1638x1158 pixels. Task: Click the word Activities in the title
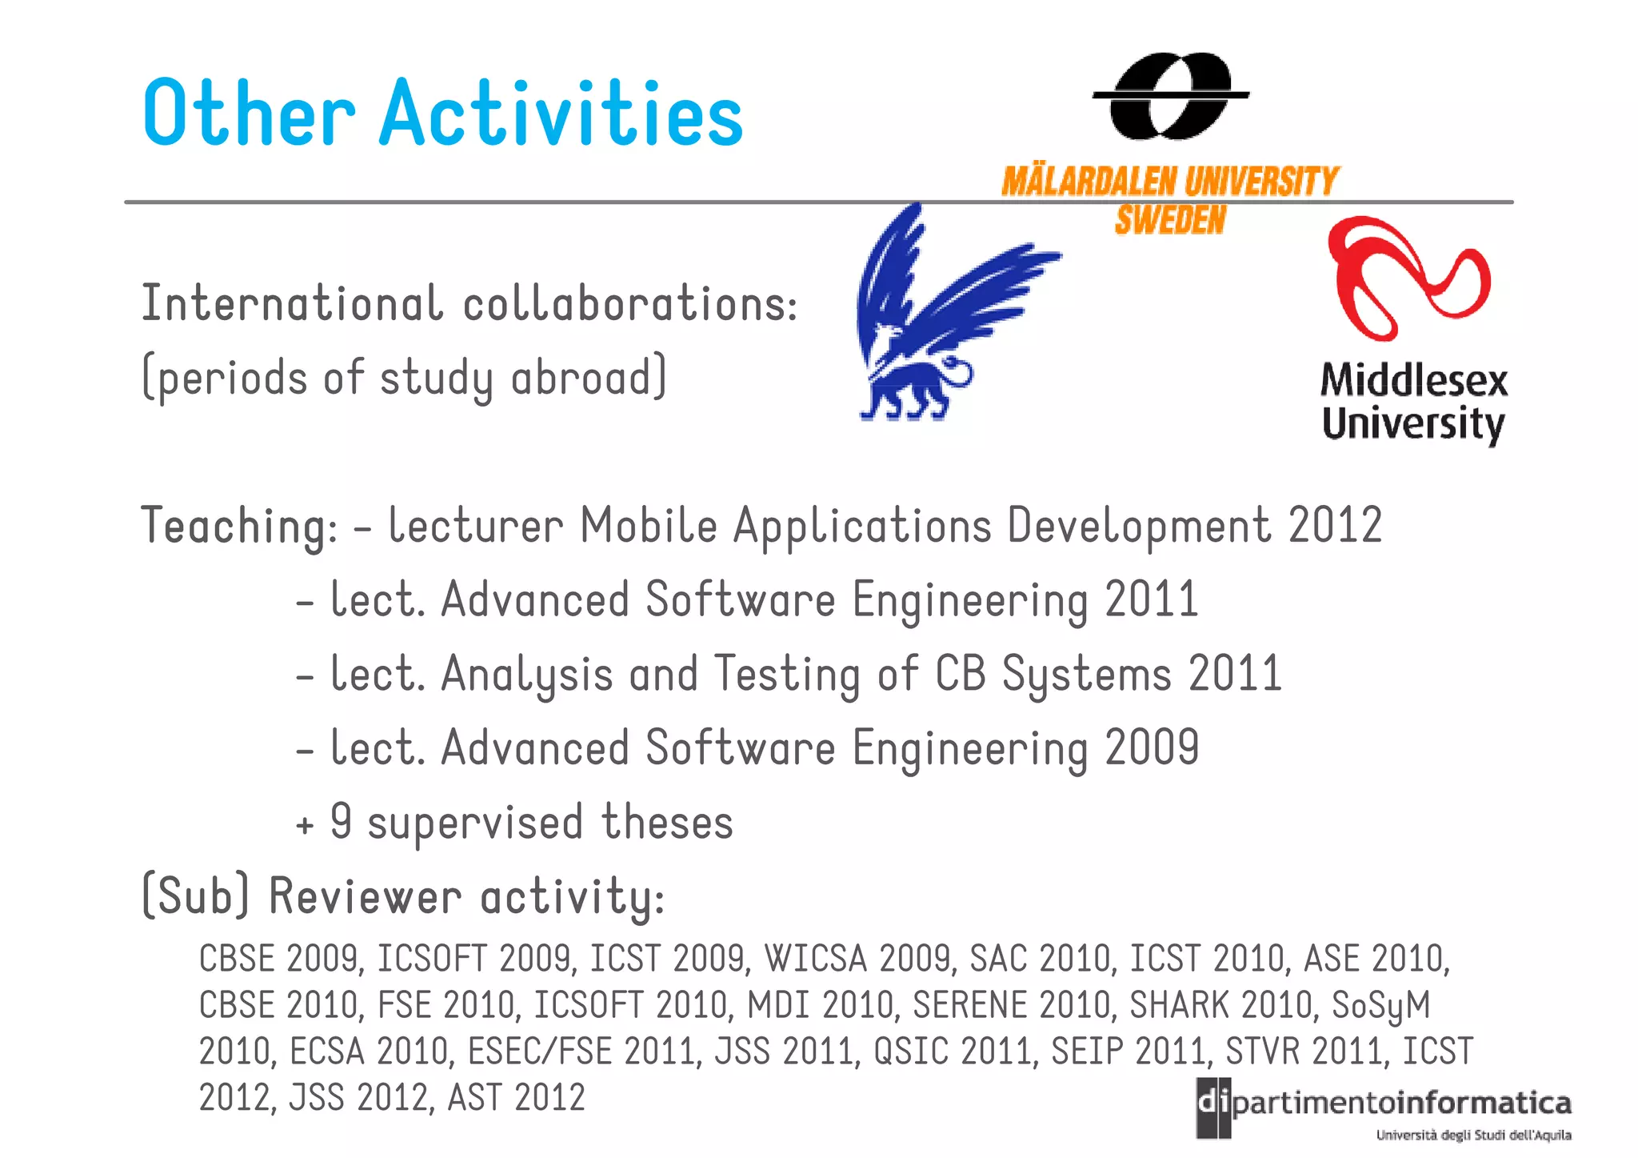pyautogui.click(x=561, y=114)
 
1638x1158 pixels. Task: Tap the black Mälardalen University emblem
pyautogui.click(x=1170, y=95)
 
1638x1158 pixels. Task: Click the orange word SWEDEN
pyautogui.click(x=1170, y=220)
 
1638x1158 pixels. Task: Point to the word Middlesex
pyautogui.click(x=1413, y=381)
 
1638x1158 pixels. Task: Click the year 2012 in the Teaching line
pyautogui.click(x=1335, y=526)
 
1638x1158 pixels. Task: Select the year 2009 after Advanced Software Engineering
pyautogui.click(x=1152, y=748)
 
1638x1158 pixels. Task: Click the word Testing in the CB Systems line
pyautogui.click(x=787, y=675)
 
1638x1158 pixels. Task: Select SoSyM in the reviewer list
pyautogui.click(x=1380, y=1006)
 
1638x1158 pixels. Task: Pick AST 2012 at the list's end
pyautogui.click(x=516, y=1098)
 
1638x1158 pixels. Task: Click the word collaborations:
pyautogui.click(x=629, y=305)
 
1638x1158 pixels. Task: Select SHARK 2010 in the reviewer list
pyautogui.click(x=1221, y=1005)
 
